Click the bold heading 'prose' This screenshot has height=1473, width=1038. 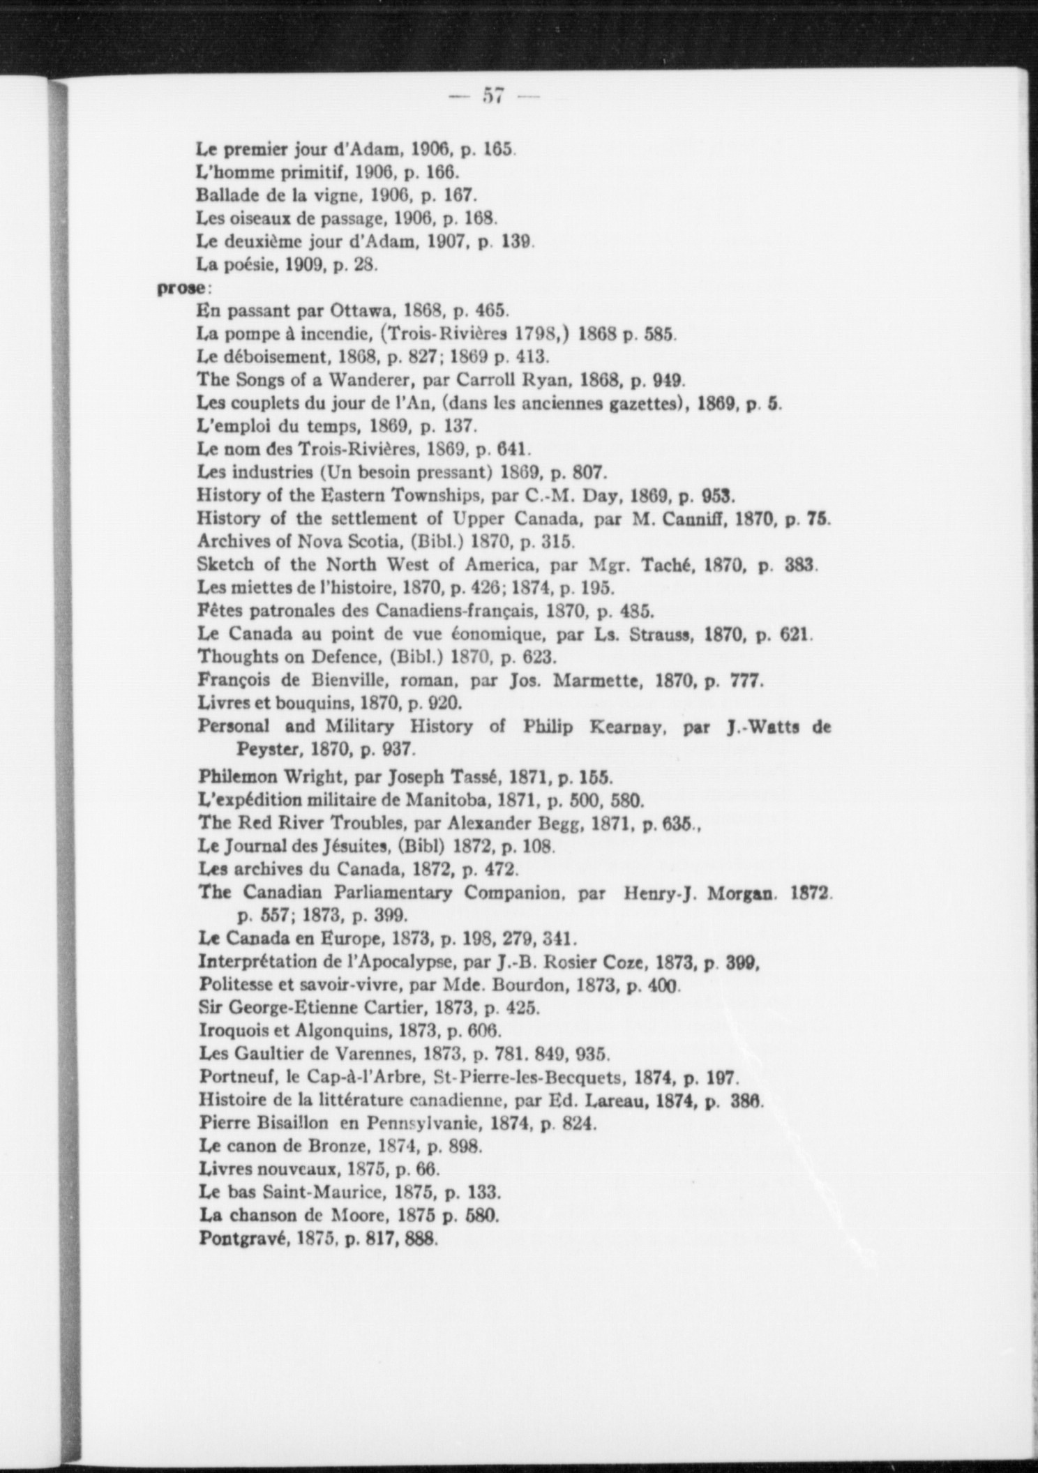point(180,287)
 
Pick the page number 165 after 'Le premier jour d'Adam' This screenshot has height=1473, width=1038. point(498,149)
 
